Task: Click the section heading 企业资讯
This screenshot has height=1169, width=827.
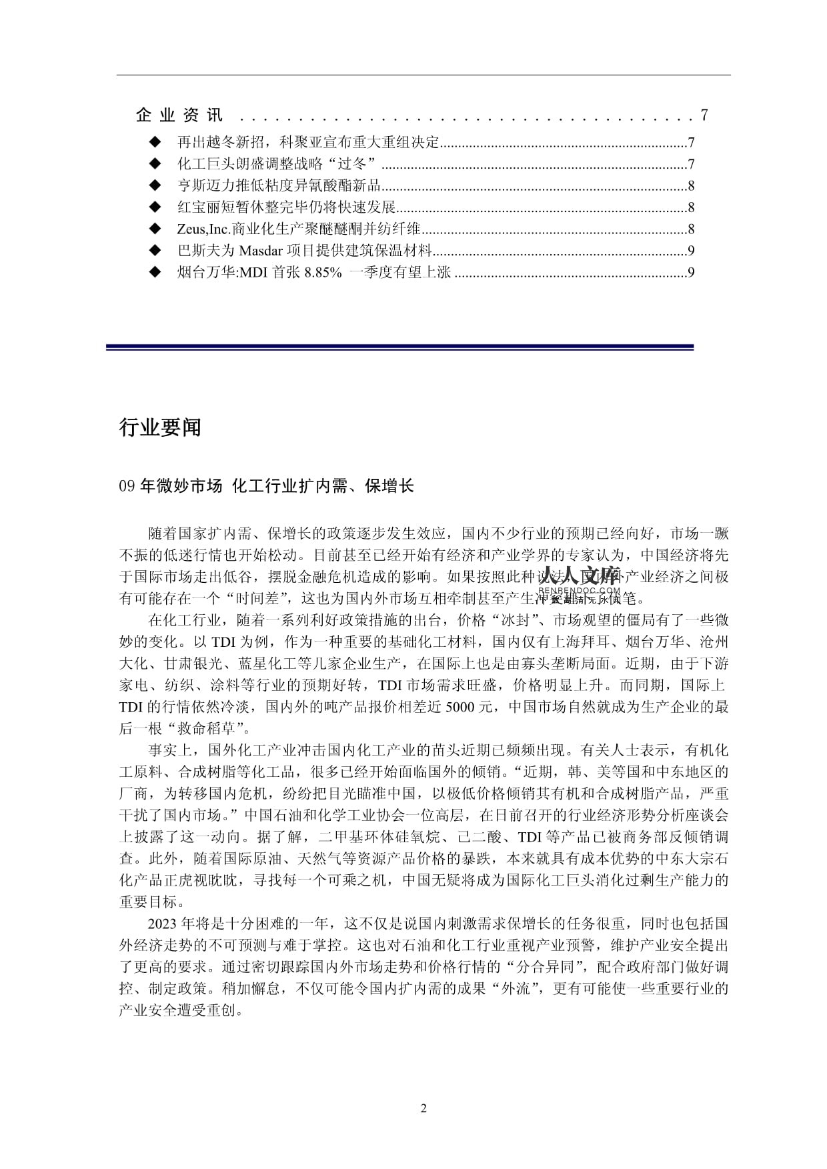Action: click(179, 115)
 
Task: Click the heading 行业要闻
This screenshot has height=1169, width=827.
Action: click(160, 427)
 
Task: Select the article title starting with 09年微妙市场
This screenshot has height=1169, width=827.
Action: click(266, 486)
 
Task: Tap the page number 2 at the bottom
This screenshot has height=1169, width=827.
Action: click(424, 1108)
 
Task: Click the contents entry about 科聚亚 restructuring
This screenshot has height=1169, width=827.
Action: click(308, 143)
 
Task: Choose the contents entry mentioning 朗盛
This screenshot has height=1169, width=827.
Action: click(277, 164)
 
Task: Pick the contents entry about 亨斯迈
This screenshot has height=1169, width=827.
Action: click(279, 186)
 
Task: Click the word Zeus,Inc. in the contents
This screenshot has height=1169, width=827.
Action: click(203, 229)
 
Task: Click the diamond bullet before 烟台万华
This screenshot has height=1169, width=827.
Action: click(155, 272)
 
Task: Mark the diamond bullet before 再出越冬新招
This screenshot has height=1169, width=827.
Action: click(155, 143)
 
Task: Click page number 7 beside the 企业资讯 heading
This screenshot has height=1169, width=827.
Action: click(704, 115)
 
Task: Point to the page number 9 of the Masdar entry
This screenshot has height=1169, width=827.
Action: click(692, 251)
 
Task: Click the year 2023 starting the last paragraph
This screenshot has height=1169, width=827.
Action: click(162, 924)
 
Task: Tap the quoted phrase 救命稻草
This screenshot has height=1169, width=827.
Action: click(207, 728)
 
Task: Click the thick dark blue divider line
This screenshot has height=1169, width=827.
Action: click(399, 347)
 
